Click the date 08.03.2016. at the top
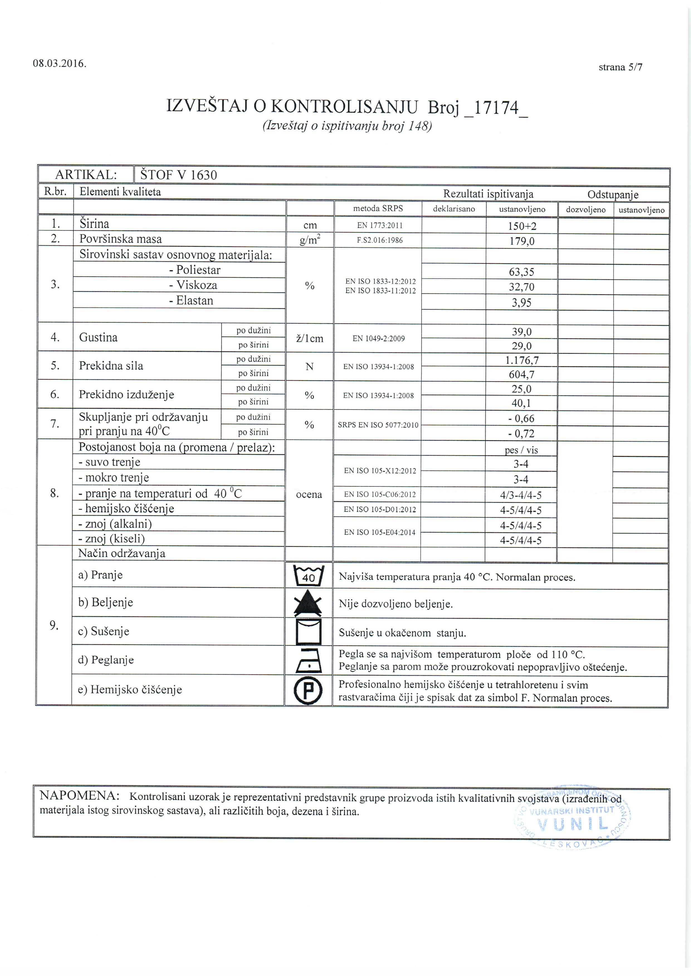[60, 64]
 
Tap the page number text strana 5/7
[620, 67]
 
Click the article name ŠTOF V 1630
[179, 175]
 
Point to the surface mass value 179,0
[522, 241]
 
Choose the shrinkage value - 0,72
[521, 433]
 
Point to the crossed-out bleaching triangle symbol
[308, 604]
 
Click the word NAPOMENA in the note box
[79, 796]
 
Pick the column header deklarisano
[454, 209]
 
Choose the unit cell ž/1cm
[309, 339]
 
